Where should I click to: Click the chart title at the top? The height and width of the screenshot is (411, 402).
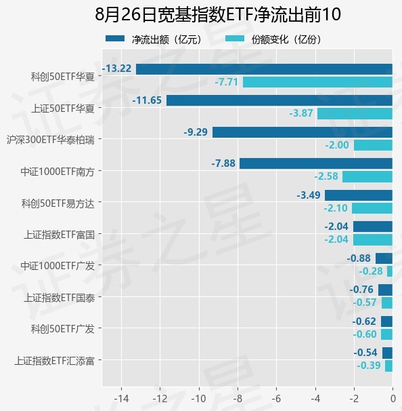(x=218, y=14)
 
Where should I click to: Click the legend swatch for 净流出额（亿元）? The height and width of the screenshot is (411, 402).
(x=115, y=39)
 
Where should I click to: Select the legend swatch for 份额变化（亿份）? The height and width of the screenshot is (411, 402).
(x=235, y=39)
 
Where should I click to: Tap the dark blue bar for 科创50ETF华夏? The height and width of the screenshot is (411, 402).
(x=264, y=69)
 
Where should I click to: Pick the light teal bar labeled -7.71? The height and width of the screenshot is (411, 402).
(x=317, y=82)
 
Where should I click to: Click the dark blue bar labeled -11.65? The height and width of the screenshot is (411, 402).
(x=280, y=100)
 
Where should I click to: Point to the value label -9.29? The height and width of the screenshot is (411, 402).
(x=196, y=132)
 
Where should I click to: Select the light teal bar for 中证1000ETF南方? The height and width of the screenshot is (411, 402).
(x=367, y=176)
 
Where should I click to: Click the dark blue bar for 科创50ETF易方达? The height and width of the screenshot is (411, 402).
(x=359, y=195)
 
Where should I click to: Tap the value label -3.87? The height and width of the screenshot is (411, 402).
(x=301, y=113)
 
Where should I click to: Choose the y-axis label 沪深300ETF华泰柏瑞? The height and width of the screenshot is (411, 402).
(x=51, y=140)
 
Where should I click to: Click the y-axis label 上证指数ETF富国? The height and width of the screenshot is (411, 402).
(x=60, y=235)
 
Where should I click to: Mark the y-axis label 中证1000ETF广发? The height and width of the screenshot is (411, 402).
(x=58, y=266)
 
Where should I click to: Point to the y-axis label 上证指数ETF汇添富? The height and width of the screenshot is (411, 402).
(x=54, y=361)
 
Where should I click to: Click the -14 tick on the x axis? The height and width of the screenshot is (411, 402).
(x=121, y=399)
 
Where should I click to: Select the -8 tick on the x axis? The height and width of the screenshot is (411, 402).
(x=238, y=399)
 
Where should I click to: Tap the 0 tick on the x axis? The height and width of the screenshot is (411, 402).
(x=393, y=399)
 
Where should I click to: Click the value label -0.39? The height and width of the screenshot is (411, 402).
(x=369, y=366)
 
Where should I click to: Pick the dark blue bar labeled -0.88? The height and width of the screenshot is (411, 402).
(x=384, y=258)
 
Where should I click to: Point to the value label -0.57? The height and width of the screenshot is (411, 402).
(x=365, y=302)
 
